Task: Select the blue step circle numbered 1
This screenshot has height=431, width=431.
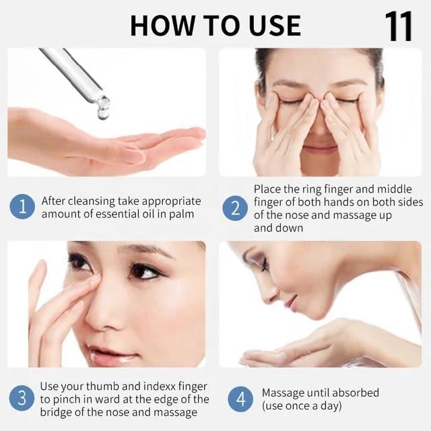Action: coord(22,207)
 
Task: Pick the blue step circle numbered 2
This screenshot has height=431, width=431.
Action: coord(235,208)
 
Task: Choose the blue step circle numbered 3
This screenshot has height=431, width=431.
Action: coord(22,399)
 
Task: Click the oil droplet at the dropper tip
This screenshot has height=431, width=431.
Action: coord(103,108)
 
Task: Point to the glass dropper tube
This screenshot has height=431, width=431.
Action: coord(73,73)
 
